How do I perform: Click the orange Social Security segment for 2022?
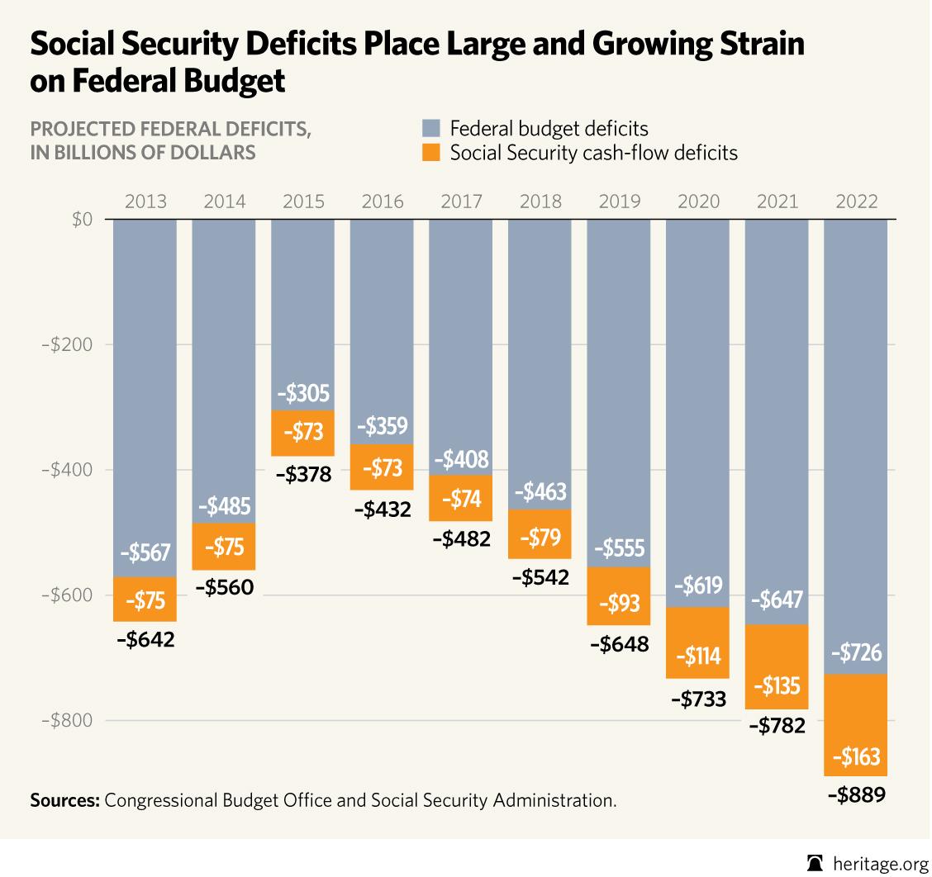[855, 726]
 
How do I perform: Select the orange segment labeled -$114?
[697, 642]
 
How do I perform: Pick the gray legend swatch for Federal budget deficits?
[431, 129]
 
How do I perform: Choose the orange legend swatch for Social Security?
[431, 154]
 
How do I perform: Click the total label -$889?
[855, 796]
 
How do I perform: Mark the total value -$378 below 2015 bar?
[302, 475]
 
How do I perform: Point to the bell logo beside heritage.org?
[815, 863]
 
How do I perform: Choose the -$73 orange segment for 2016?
[382, 468]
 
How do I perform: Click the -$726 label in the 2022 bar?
[855, 654]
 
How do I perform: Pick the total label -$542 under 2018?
[540, 577]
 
